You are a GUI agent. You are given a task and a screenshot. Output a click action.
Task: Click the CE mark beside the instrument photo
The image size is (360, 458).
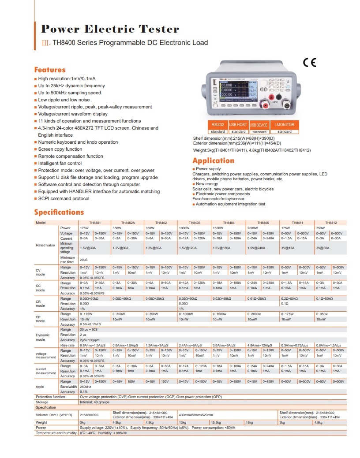point(310,62)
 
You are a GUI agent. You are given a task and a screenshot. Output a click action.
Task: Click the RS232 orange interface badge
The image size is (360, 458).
point(217,125)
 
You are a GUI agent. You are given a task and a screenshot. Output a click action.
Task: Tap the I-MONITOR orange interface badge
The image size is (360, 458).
point(285,125)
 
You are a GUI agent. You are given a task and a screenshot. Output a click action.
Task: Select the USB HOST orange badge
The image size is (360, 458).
point(238,125)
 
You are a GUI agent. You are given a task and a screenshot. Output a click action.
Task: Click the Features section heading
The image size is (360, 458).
point(50,70)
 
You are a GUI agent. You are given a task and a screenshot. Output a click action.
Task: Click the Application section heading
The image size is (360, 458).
point(213,160)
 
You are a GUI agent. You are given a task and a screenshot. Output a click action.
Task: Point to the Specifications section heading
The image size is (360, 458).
point(59,212)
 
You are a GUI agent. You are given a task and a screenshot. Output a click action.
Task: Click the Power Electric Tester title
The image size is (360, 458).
point(110,30)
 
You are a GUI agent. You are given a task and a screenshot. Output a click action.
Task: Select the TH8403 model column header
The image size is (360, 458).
point(194,223)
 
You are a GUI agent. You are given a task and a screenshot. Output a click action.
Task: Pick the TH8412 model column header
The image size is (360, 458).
point(331,223)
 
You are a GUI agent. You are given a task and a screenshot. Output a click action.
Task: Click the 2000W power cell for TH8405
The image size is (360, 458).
point(253,228)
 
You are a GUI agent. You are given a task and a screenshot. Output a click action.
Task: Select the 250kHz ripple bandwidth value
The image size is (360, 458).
point(86,387)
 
